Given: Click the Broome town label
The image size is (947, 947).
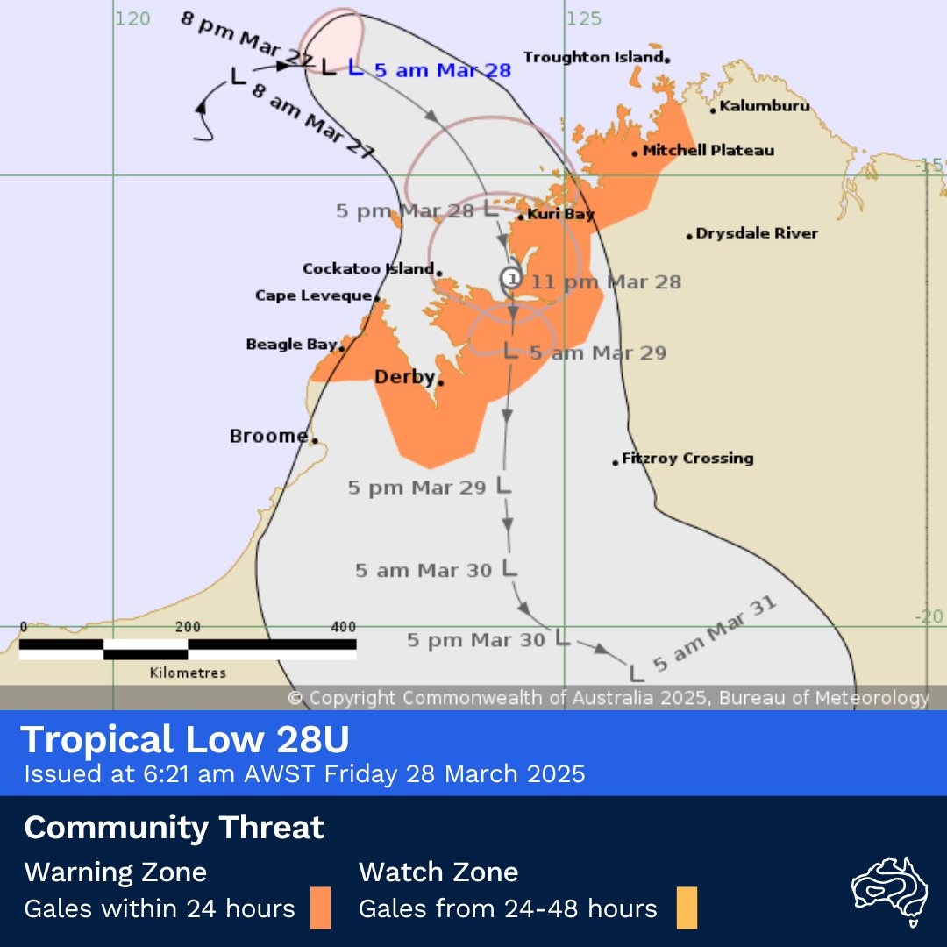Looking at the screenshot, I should click(268, 436).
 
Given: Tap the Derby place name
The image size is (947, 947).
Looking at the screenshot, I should click(404, 377).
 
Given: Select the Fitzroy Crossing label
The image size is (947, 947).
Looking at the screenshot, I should click(687, 458).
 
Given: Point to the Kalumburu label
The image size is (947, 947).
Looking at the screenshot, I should click(764, 106).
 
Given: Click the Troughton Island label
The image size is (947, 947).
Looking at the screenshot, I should click(593, 57).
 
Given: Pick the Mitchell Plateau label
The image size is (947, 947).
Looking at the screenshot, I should click(708, 150).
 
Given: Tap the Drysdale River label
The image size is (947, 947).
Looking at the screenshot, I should click(757, 233).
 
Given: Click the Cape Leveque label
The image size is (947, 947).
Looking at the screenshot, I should click(314, 295).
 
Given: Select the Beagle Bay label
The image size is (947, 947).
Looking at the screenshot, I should click(291, 345).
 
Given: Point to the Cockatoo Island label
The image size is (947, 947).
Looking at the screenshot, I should click(368, 268).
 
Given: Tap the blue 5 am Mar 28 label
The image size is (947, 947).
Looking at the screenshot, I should click(442, 70).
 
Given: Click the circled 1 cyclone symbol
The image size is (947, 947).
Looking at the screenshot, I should click(511, 279).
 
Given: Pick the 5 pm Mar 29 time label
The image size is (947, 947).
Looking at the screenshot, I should click(417, 488).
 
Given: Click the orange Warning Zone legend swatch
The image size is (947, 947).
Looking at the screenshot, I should click(320, 908).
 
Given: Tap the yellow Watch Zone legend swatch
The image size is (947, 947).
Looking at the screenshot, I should click(687, 908).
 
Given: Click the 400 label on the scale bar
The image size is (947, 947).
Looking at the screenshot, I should click(344, 626).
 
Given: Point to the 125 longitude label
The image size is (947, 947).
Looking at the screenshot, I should click(583, 18).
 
